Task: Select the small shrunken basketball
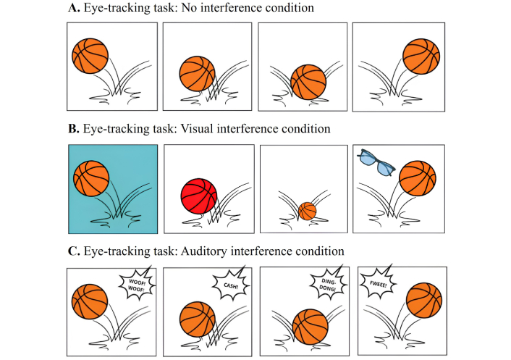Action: pyautogui.click(x=308, y=211)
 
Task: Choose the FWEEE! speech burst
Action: pyautogui.click(x=376, y=283)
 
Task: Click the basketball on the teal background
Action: pyautogui.click(x=91, y=178)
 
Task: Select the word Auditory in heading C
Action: pyautogui.click(x=215, y=251)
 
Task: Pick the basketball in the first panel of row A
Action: pyautogui.click(x=90, y=55)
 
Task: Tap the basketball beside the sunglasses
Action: pyautogui.click(x=417, y=178)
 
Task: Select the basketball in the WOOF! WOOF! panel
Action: pyautogui.click(x=90, y=301)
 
